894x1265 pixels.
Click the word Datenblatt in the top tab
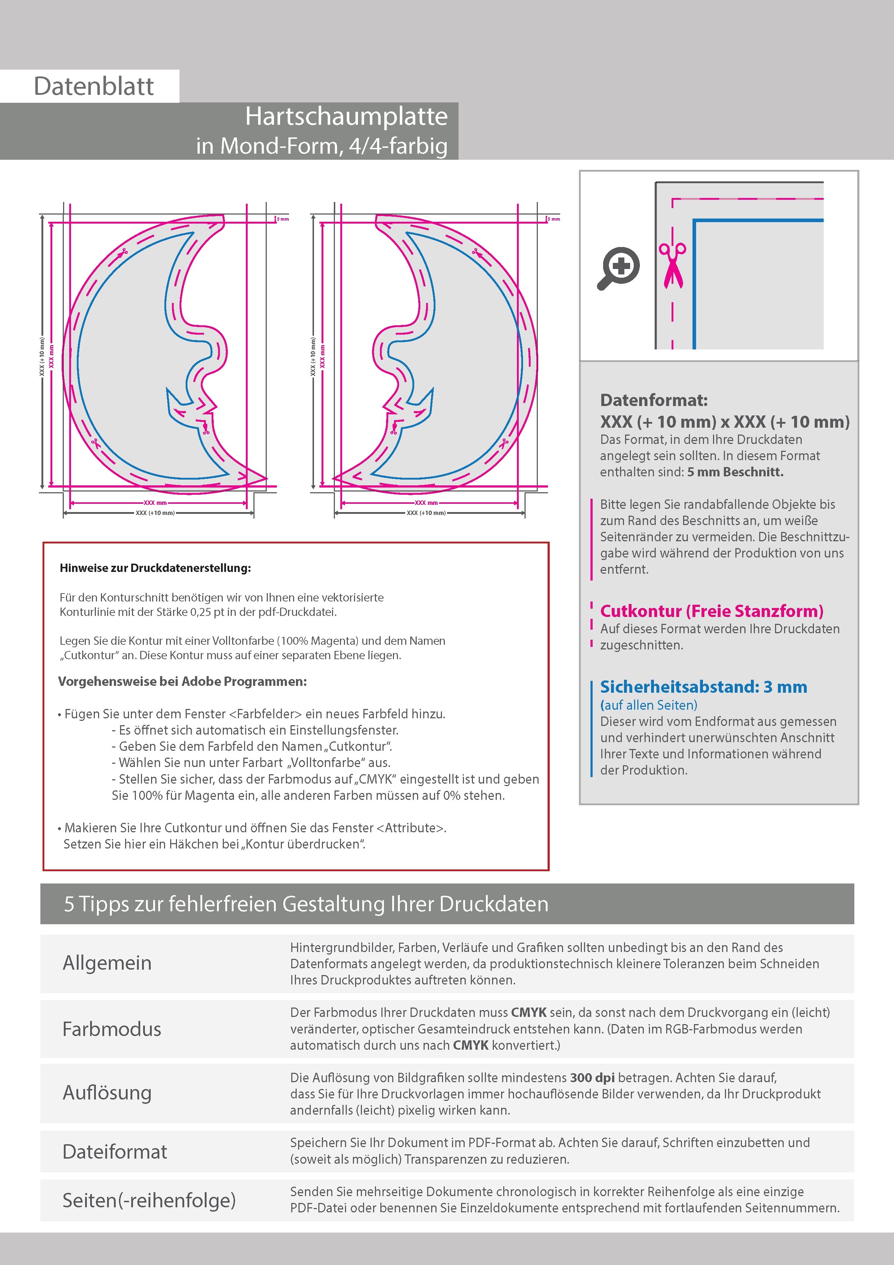[94, 87]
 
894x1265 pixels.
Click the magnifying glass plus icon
[619, 268]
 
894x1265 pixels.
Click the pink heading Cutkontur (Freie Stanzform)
[711, 611]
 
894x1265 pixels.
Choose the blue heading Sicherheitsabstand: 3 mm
[703, 687]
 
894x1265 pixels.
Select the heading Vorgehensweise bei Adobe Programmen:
[182, 682]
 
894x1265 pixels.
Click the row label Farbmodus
[112, 1029]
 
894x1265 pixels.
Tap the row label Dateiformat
[115, 1151]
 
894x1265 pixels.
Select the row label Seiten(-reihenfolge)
[149, 1200]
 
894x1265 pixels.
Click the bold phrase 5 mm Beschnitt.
[735, 472]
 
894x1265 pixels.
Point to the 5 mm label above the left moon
[283, 219]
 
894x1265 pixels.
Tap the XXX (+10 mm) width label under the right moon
[426, 513]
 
